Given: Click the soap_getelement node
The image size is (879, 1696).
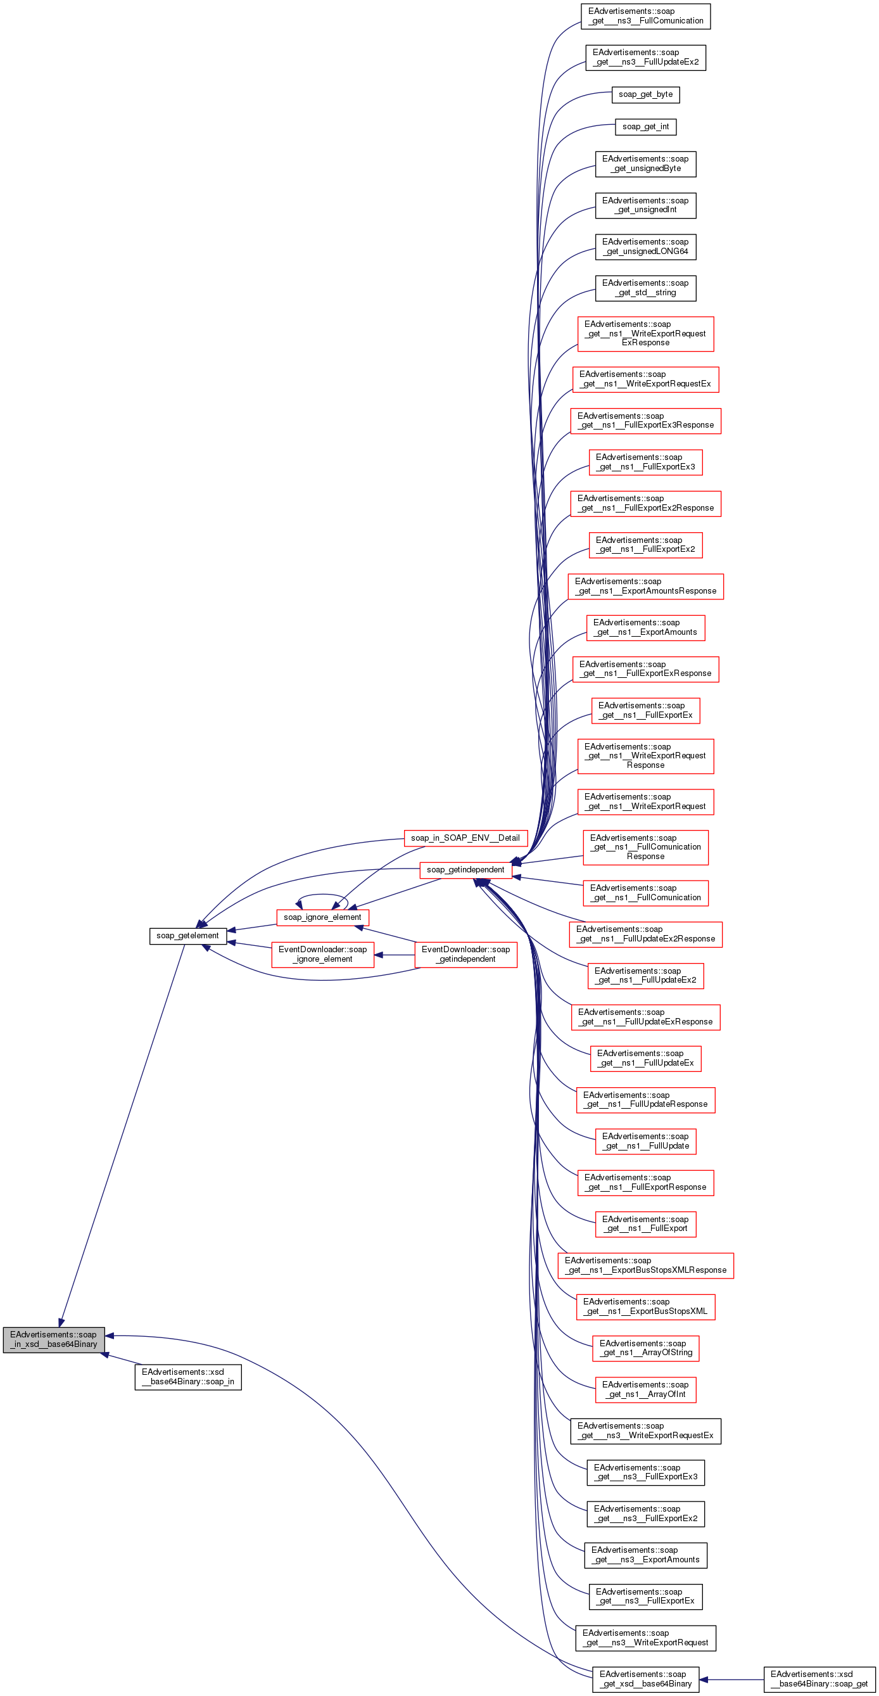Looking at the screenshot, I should (187, 936).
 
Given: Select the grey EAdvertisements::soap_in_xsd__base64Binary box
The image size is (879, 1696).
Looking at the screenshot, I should (53, 1339).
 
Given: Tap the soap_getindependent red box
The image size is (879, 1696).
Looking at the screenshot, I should (465, 870).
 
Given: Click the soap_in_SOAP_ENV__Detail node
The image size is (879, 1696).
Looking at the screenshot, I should (465, 838).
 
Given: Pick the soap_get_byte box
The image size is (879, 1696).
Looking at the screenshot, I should (645, 95).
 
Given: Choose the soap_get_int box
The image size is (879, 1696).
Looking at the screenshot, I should (645, 127).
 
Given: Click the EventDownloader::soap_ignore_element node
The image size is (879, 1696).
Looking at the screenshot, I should (322, 955).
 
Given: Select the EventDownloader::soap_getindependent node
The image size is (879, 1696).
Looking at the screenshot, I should (465, 955).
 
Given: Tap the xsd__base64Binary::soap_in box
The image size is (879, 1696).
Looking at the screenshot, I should (187, 1377).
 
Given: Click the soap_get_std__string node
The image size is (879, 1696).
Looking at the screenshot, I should (645, 288).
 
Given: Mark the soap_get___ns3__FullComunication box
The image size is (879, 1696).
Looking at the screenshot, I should (645, 16).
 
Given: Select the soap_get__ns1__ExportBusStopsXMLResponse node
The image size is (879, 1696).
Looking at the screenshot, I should (645, 1265).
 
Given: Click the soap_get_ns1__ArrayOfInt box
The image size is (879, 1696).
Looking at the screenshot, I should (645, 1389).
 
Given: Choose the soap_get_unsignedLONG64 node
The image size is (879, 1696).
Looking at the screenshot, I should (645, 247).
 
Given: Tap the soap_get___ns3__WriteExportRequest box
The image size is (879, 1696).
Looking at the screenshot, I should (645, 1638).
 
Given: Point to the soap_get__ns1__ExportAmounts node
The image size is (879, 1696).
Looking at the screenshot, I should (645, 627).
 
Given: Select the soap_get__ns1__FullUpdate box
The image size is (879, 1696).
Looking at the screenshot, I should (645, 1141).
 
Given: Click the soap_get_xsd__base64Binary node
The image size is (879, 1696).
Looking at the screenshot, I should (645, 1679).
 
